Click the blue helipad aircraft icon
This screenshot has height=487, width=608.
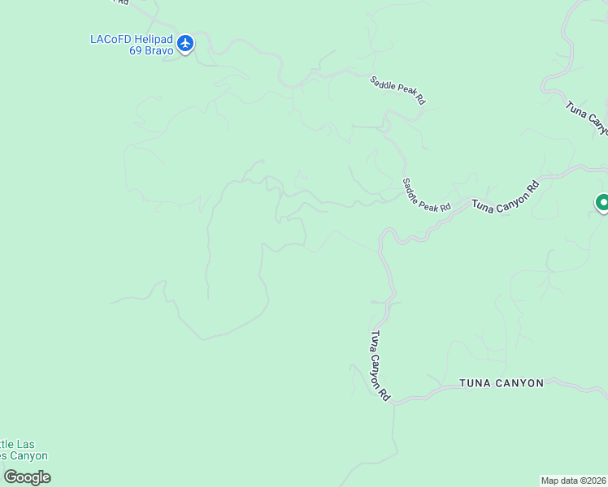(x=185, y=43)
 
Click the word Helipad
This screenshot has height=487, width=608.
(x=151, y=38)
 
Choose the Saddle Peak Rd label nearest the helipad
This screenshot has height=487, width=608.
(x=397, y=89)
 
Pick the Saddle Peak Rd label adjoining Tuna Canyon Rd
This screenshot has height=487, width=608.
(x=427, y=195)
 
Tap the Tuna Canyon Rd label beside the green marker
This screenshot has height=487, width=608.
(x=506, y=198)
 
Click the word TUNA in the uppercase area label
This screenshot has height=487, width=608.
(x=475, y=383)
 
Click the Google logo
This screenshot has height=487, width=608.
(x=27, y=477)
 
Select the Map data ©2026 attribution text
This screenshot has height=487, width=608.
(x=574, y=481)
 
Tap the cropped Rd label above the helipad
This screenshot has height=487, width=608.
(x=121, y=2)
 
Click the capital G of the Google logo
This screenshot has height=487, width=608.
(x=11, y=476)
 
